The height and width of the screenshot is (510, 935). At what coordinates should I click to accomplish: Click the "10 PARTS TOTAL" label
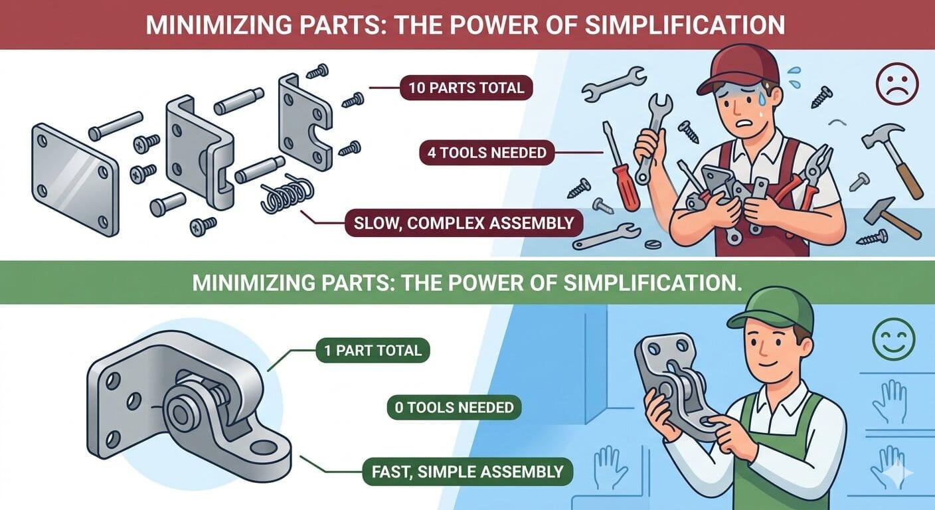466,87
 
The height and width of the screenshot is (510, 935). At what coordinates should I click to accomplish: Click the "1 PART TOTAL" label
373,349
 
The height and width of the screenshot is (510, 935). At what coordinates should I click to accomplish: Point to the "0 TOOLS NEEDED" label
454,407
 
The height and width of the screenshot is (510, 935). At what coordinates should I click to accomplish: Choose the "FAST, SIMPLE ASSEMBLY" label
462,472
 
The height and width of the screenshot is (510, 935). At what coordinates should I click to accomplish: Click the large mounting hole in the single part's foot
264,447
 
